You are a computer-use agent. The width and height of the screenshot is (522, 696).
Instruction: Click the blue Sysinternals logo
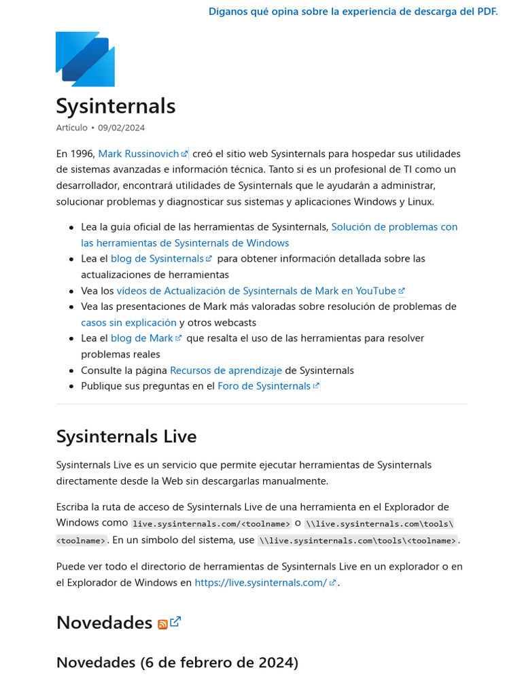coord(85,59)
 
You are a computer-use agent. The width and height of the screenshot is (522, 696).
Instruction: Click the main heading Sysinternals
coord(116,106)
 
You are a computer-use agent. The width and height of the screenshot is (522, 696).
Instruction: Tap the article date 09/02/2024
coord(121,128)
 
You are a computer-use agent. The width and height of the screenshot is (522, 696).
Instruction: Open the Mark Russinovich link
coord(139,154)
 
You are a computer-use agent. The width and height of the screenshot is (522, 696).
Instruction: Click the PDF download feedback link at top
coord(353,12)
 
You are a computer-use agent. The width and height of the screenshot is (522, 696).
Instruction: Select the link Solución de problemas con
coord(394,227)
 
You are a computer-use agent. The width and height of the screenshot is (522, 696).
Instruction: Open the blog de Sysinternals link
coord(157,259)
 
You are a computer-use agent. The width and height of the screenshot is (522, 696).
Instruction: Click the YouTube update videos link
coord(256,291)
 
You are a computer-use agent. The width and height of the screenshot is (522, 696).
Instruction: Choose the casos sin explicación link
coord(128,323)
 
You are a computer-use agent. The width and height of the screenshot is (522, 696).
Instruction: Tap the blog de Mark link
coord(142,338)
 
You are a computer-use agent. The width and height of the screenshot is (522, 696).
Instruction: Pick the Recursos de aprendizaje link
coord(226,370)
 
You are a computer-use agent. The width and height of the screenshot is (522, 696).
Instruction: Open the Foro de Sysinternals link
coord(264,386)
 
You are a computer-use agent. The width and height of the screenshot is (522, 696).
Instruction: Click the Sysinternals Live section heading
coord(126,436)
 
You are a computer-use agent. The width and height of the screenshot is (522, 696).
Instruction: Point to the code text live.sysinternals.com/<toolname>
coord(211,523)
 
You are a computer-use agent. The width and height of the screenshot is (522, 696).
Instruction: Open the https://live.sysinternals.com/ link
coord(261,582)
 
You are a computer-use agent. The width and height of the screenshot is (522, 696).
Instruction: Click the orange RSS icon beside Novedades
coord(162,625)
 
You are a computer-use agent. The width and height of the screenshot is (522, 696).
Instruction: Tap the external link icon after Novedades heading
coord(175,621)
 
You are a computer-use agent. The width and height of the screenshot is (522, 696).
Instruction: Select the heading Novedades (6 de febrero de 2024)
coord(177,663)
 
